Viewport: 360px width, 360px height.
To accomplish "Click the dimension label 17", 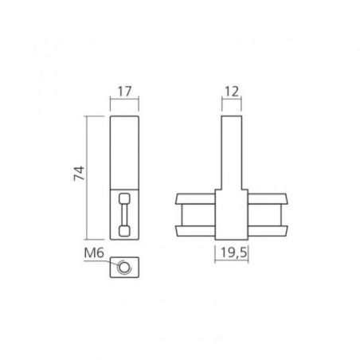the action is (124, 92).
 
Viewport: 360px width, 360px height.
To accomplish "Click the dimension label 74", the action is (79, 174).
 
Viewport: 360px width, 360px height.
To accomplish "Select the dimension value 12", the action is (232, 92).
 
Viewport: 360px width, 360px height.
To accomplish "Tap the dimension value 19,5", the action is (233, 252).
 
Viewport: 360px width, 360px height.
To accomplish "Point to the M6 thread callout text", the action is (94, 252).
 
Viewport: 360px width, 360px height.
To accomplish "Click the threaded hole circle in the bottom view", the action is (123, 267).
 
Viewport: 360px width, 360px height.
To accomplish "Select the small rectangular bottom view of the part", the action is (124, 267).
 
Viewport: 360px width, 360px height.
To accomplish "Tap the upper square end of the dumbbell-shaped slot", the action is (124, 198).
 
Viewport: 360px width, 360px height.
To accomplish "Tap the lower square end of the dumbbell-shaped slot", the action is (124, 231).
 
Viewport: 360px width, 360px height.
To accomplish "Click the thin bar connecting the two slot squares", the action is (124, 215).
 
